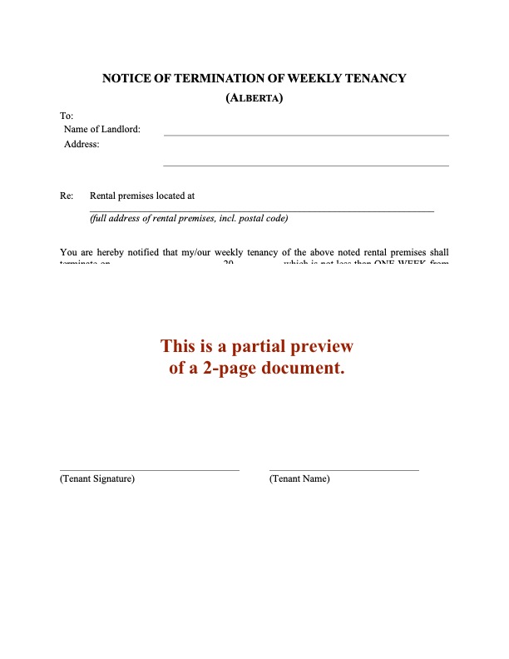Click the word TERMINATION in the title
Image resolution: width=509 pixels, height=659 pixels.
[x=212, y=79]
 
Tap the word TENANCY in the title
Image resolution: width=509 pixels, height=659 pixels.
[x=373, y=79]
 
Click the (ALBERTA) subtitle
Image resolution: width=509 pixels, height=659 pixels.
[x=254, y=98]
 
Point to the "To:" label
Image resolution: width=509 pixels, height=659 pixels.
[x=67, y=116]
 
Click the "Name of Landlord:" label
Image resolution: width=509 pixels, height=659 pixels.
[x=101, y=129]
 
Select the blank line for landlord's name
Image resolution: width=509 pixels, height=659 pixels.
[x=306, y=135]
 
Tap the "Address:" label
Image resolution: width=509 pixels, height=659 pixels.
[x=82, y=144]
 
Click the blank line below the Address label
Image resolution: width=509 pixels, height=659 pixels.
[x=306, y=166]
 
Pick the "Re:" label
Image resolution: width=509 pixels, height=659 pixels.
[x=67, y=196]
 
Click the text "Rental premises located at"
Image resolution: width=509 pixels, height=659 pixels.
[x=142, y=196]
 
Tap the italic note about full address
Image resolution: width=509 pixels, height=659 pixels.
[x=189, y=219]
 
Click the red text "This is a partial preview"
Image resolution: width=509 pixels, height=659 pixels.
[x=256, y=346]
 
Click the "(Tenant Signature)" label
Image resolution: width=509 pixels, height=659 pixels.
[x=97, y=479]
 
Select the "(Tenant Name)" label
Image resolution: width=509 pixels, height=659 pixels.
[x=299, y=479]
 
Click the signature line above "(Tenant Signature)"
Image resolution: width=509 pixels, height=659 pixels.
[x=150, y=470]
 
